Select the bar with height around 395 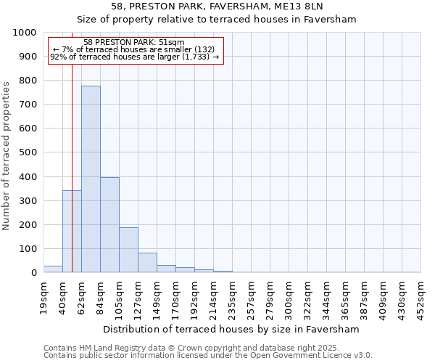pos(109,225)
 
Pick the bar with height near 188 pos(128,250)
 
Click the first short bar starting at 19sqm pos(53,269)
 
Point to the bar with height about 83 pos(147,263)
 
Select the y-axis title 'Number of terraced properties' pos(7,155)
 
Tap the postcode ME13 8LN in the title pos(299,7)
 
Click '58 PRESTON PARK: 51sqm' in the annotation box pos(134,43)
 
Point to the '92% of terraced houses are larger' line pos(134,57)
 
